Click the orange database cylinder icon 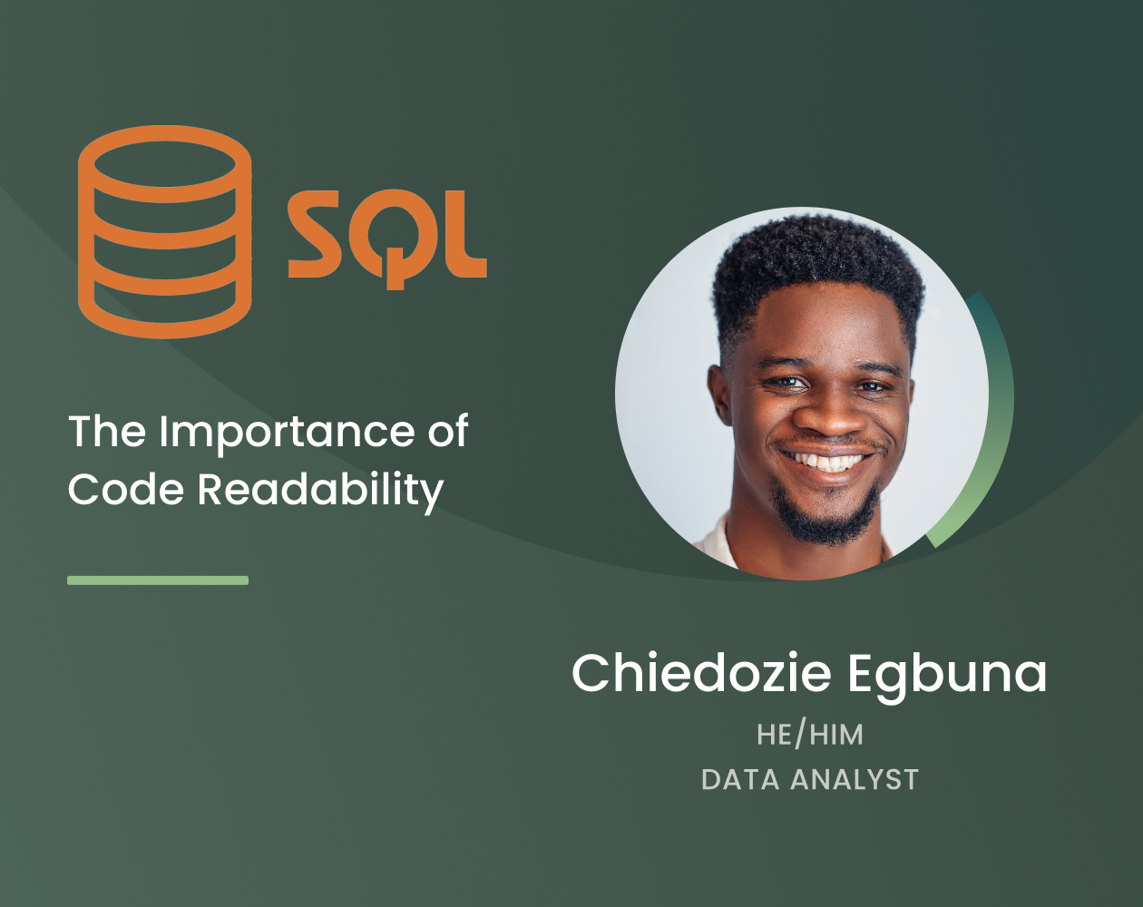click(164, 232)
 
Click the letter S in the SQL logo click(318, 234)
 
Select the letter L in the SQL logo click(463, 234)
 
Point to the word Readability click(319, 491)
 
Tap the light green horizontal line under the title click(158, 580)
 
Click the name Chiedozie click(701, 673)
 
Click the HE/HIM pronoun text click(810, 735)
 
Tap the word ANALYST click(855, 780)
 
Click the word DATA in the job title click(739, 780)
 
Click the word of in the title click(447, 432)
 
